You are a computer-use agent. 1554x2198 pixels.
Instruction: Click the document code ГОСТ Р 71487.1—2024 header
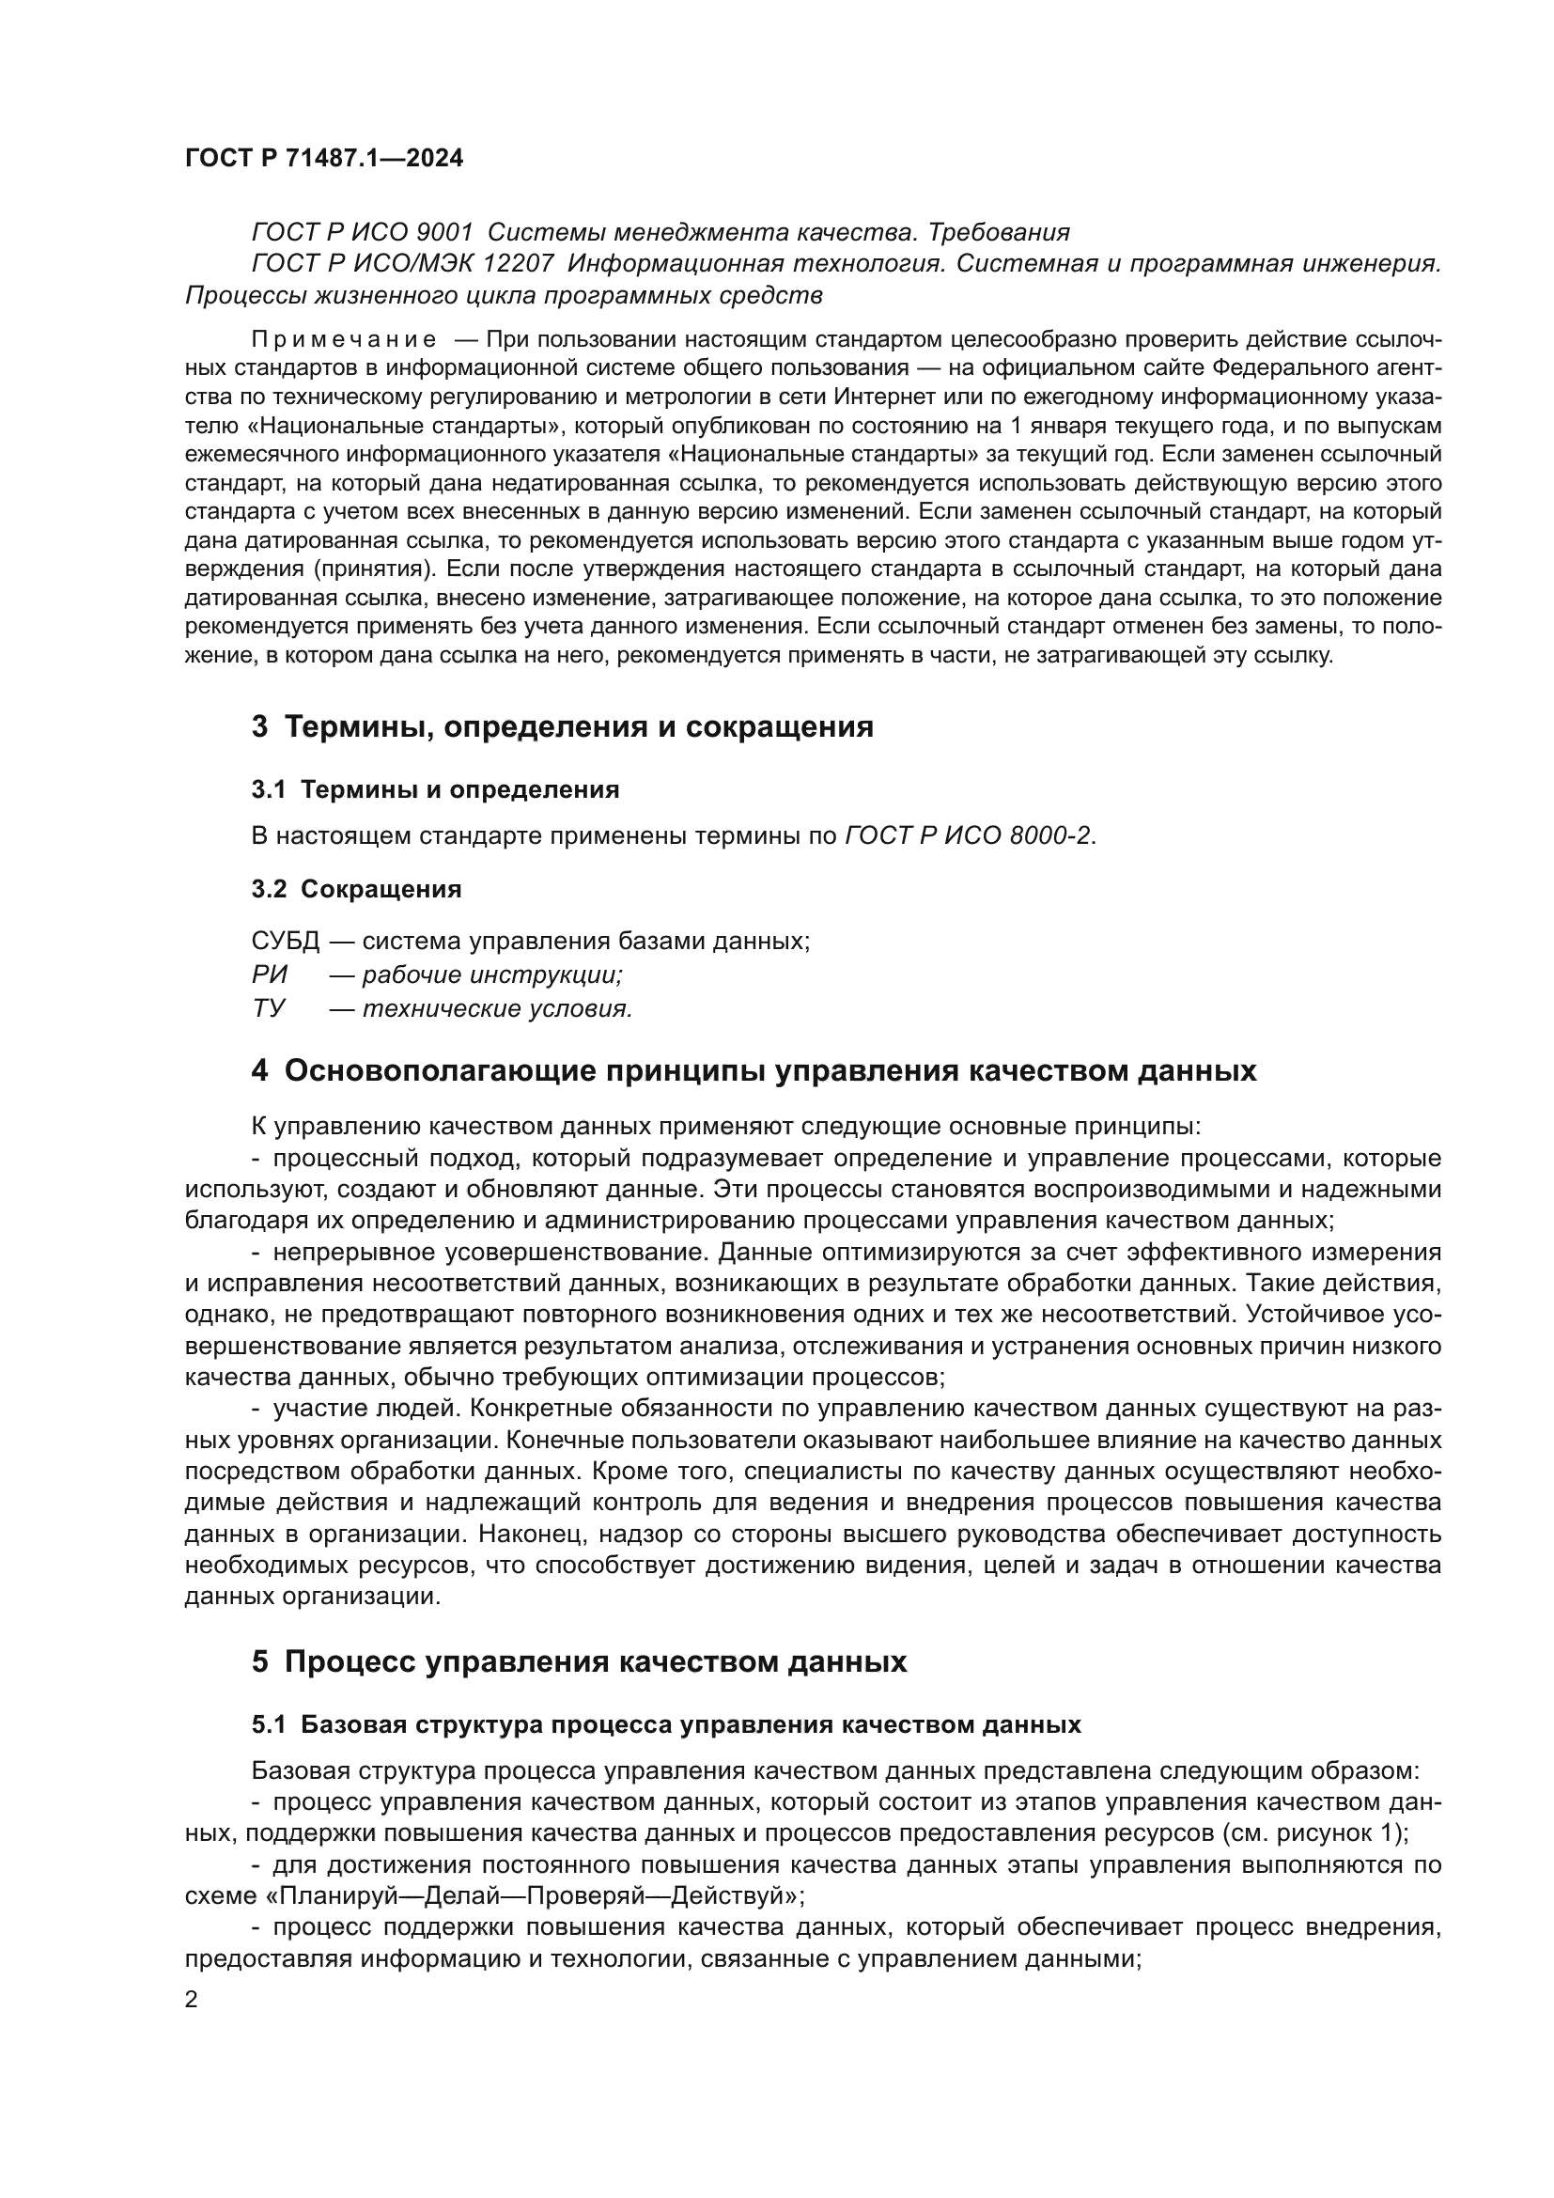[323, 159]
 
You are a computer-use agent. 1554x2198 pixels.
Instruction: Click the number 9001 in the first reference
[445, 233]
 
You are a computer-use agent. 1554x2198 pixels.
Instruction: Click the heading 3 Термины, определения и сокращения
[562, 726]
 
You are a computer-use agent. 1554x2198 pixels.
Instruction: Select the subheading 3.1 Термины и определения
[435, 789]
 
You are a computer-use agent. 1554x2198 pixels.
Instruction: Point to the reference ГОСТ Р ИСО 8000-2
[968, 835]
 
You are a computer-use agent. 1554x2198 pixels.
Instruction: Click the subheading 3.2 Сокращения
[356, 889]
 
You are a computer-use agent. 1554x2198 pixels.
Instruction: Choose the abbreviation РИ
[269, 974]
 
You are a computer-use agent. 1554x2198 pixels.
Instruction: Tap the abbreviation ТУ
[268, 1008]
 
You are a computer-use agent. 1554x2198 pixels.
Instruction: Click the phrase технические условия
[497, 1008]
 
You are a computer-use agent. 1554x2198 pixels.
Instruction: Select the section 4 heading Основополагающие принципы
[754, 1070]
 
